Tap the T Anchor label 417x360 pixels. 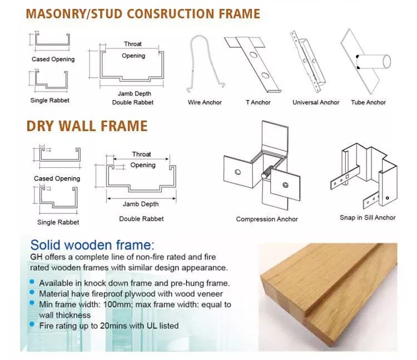pos(258,103)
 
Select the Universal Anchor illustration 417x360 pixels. pos(308,62)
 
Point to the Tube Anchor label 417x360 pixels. pos(368,103)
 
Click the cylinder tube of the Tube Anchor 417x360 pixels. pos(374,62)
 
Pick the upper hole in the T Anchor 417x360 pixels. pos(253,55)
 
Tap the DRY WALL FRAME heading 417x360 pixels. pos(87,126)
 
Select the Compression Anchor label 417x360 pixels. pos(267,219)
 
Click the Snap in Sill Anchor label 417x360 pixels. pos(368,218)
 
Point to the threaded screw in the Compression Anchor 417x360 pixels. pos(268,172)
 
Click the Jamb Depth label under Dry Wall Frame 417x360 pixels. pos(141,204)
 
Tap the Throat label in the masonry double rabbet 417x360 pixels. pos(133,44)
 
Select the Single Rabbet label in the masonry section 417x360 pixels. pos(49,101)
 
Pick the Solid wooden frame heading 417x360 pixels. pos(92,245)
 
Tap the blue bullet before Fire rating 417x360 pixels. pos(32,324)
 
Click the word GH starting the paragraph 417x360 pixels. pos(36,257)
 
